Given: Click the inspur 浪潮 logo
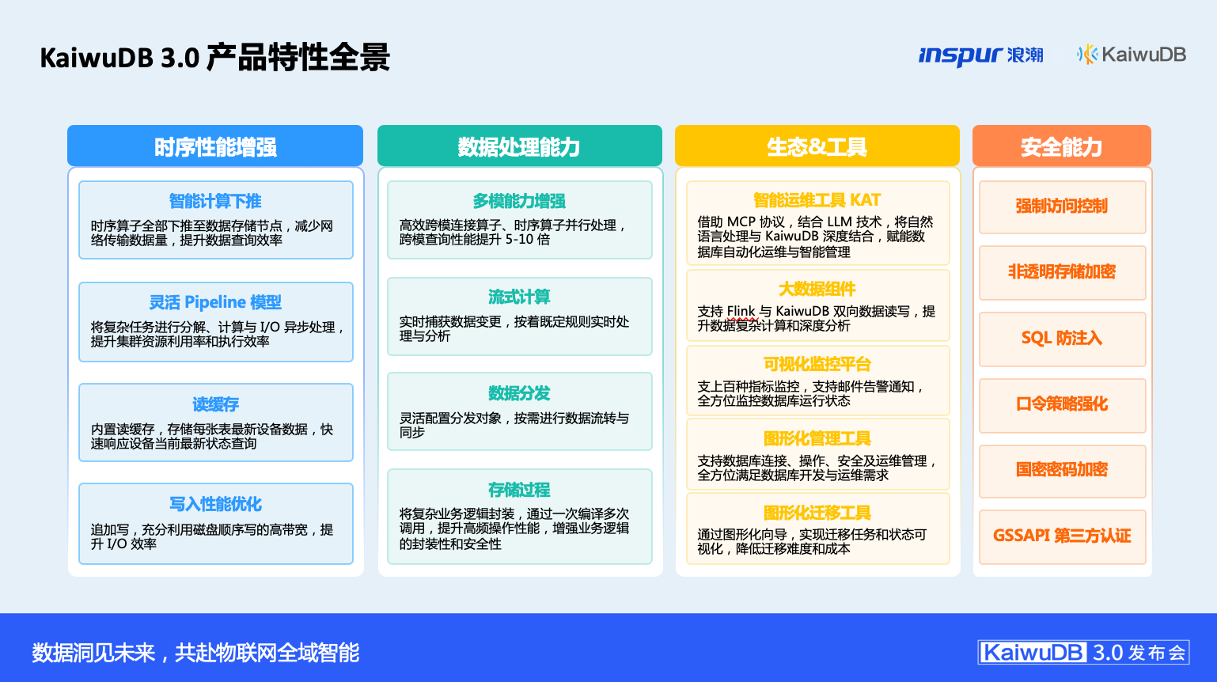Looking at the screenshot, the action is click(980, 55).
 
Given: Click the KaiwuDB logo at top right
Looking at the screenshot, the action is click(1132, 55).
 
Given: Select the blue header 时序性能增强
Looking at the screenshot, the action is click(215, 146).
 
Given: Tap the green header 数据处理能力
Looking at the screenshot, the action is click(519, 146).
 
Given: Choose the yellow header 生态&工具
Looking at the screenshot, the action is click(817, 146).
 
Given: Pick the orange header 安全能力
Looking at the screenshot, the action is click(1062, 146).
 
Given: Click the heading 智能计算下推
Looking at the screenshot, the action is click(215, 201).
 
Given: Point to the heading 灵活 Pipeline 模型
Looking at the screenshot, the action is click(215, 302).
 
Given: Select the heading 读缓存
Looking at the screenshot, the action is click(215, 404).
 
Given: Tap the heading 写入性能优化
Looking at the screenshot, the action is click(215, 504).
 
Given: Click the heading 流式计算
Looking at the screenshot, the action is click(519, 297).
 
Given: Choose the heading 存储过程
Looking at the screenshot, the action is click(519, 490).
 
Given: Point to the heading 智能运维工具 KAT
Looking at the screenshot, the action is click(817, 200).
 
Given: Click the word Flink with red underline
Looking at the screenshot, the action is click(741, 312).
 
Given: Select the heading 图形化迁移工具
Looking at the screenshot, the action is click(817, 513).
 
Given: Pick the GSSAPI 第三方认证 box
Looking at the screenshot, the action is click(1062, 536).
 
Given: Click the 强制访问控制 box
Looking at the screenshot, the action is click(1062, 207).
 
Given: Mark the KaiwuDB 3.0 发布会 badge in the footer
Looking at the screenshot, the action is click(1083, 652).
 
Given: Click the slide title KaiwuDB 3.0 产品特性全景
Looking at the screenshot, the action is click(215, 58).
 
